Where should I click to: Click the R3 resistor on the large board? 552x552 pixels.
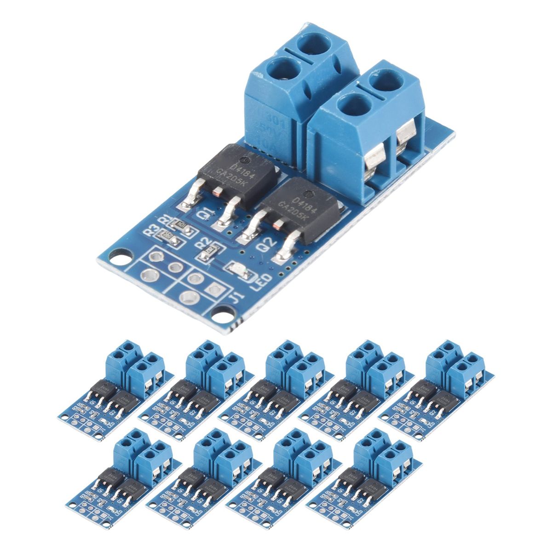coord(165,237)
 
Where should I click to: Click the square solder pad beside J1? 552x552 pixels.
coord(214,288)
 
